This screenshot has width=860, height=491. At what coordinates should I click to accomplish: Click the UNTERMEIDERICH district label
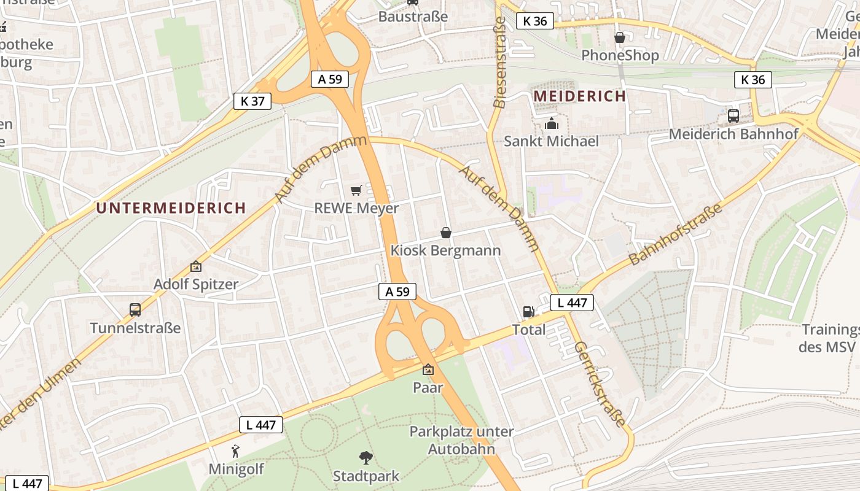coord(171,208)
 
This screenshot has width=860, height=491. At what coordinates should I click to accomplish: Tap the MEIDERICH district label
coord(579,96)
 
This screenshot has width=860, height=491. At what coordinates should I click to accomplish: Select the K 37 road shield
coord(252,101)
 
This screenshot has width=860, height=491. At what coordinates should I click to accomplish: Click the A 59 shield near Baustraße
coord(330,79)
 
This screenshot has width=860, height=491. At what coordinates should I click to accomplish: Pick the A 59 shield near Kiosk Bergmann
coord(397,292)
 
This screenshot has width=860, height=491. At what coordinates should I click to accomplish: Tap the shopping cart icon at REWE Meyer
coord(356,191)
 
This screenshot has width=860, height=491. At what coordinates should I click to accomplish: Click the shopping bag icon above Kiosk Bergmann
coord(446,233)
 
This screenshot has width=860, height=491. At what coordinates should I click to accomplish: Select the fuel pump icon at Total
coord(528,312)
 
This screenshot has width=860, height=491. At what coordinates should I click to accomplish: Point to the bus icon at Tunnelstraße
coord(135,310)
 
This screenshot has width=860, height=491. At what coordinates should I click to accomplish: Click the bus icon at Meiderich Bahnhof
coord(733,115)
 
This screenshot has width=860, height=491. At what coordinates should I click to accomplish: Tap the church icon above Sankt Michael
coord(551,123)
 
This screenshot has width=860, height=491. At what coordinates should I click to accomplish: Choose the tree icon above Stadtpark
coord(366,457)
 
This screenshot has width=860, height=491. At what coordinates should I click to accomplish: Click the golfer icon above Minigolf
coord(235,451)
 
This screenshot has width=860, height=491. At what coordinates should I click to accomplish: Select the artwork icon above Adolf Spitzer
coord(196,266)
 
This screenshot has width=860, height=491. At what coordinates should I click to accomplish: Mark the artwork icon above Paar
coord(428,369)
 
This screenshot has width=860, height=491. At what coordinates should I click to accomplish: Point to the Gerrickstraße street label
coord(600,385)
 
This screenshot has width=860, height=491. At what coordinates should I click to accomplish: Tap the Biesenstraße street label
coord(500,63)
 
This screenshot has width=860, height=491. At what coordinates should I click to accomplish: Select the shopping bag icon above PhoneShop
coord(620,37)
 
